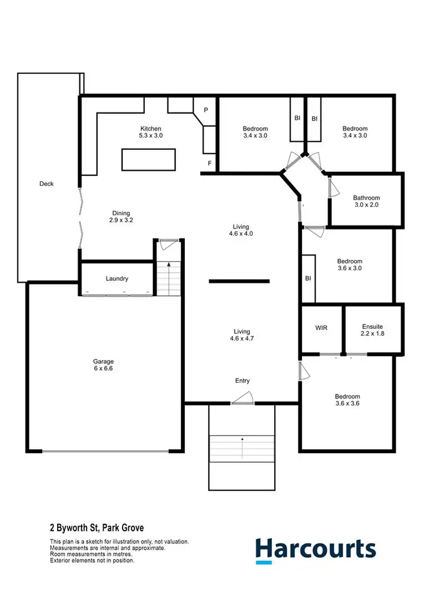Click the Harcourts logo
(x=315, y=550)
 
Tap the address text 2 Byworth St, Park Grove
(x=97, y=528)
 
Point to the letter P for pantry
(x=206, y=110)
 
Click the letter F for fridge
(x=209, y=163)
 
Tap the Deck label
(x=46, y=184)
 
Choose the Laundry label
(x=117, y=279)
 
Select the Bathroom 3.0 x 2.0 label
(x=366, y=202)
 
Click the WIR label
(x=321, y=328)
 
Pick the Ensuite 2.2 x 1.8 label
(x=373, y=330)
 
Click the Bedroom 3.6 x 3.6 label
(x=347, y=400)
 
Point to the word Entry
(x=242, y=381)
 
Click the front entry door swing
(x=242, y=399)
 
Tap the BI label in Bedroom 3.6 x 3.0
(x=308, y=279)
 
